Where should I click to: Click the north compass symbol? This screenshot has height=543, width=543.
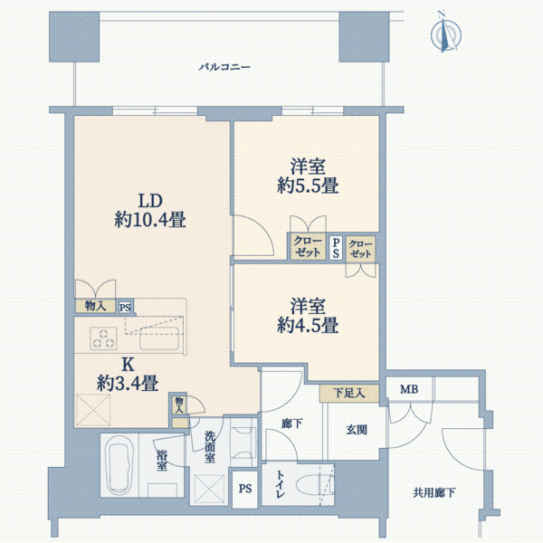pos(445,33)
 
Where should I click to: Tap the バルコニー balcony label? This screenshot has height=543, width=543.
pos(224,66)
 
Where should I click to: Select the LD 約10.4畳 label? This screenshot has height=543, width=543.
pos(150,210)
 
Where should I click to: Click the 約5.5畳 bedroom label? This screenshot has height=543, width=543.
pos(308,186)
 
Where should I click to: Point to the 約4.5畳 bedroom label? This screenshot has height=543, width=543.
pos(308,325)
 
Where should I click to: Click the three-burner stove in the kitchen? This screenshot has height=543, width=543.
pos(103,338)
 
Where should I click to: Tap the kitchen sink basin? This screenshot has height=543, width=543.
pos(159,338)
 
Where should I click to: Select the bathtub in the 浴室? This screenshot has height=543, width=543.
pos(119,463)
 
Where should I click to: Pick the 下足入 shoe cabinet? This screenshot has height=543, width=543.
pos(349,393)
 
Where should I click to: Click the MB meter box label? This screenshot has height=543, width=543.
pos(409,389)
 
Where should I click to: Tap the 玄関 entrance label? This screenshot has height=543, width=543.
pos(357,430)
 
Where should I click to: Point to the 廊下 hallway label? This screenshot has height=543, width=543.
pos(292,424)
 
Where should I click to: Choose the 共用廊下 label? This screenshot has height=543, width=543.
pos(433,492)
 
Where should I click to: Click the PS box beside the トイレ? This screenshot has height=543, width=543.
pos(245,489)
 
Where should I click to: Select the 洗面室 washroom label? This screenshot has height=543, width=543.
pos(210,447)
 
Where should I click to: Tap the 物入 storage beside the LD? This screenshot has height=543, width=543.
pos(95,306)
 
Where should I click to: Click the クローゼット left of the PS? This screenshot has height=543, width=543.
pos(308,246)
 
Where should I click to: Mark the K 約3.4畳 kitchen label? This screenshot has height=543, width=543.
pos(128,374)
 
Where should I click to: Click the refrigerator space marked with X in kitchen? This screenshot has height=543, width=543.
pos(93,410)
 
